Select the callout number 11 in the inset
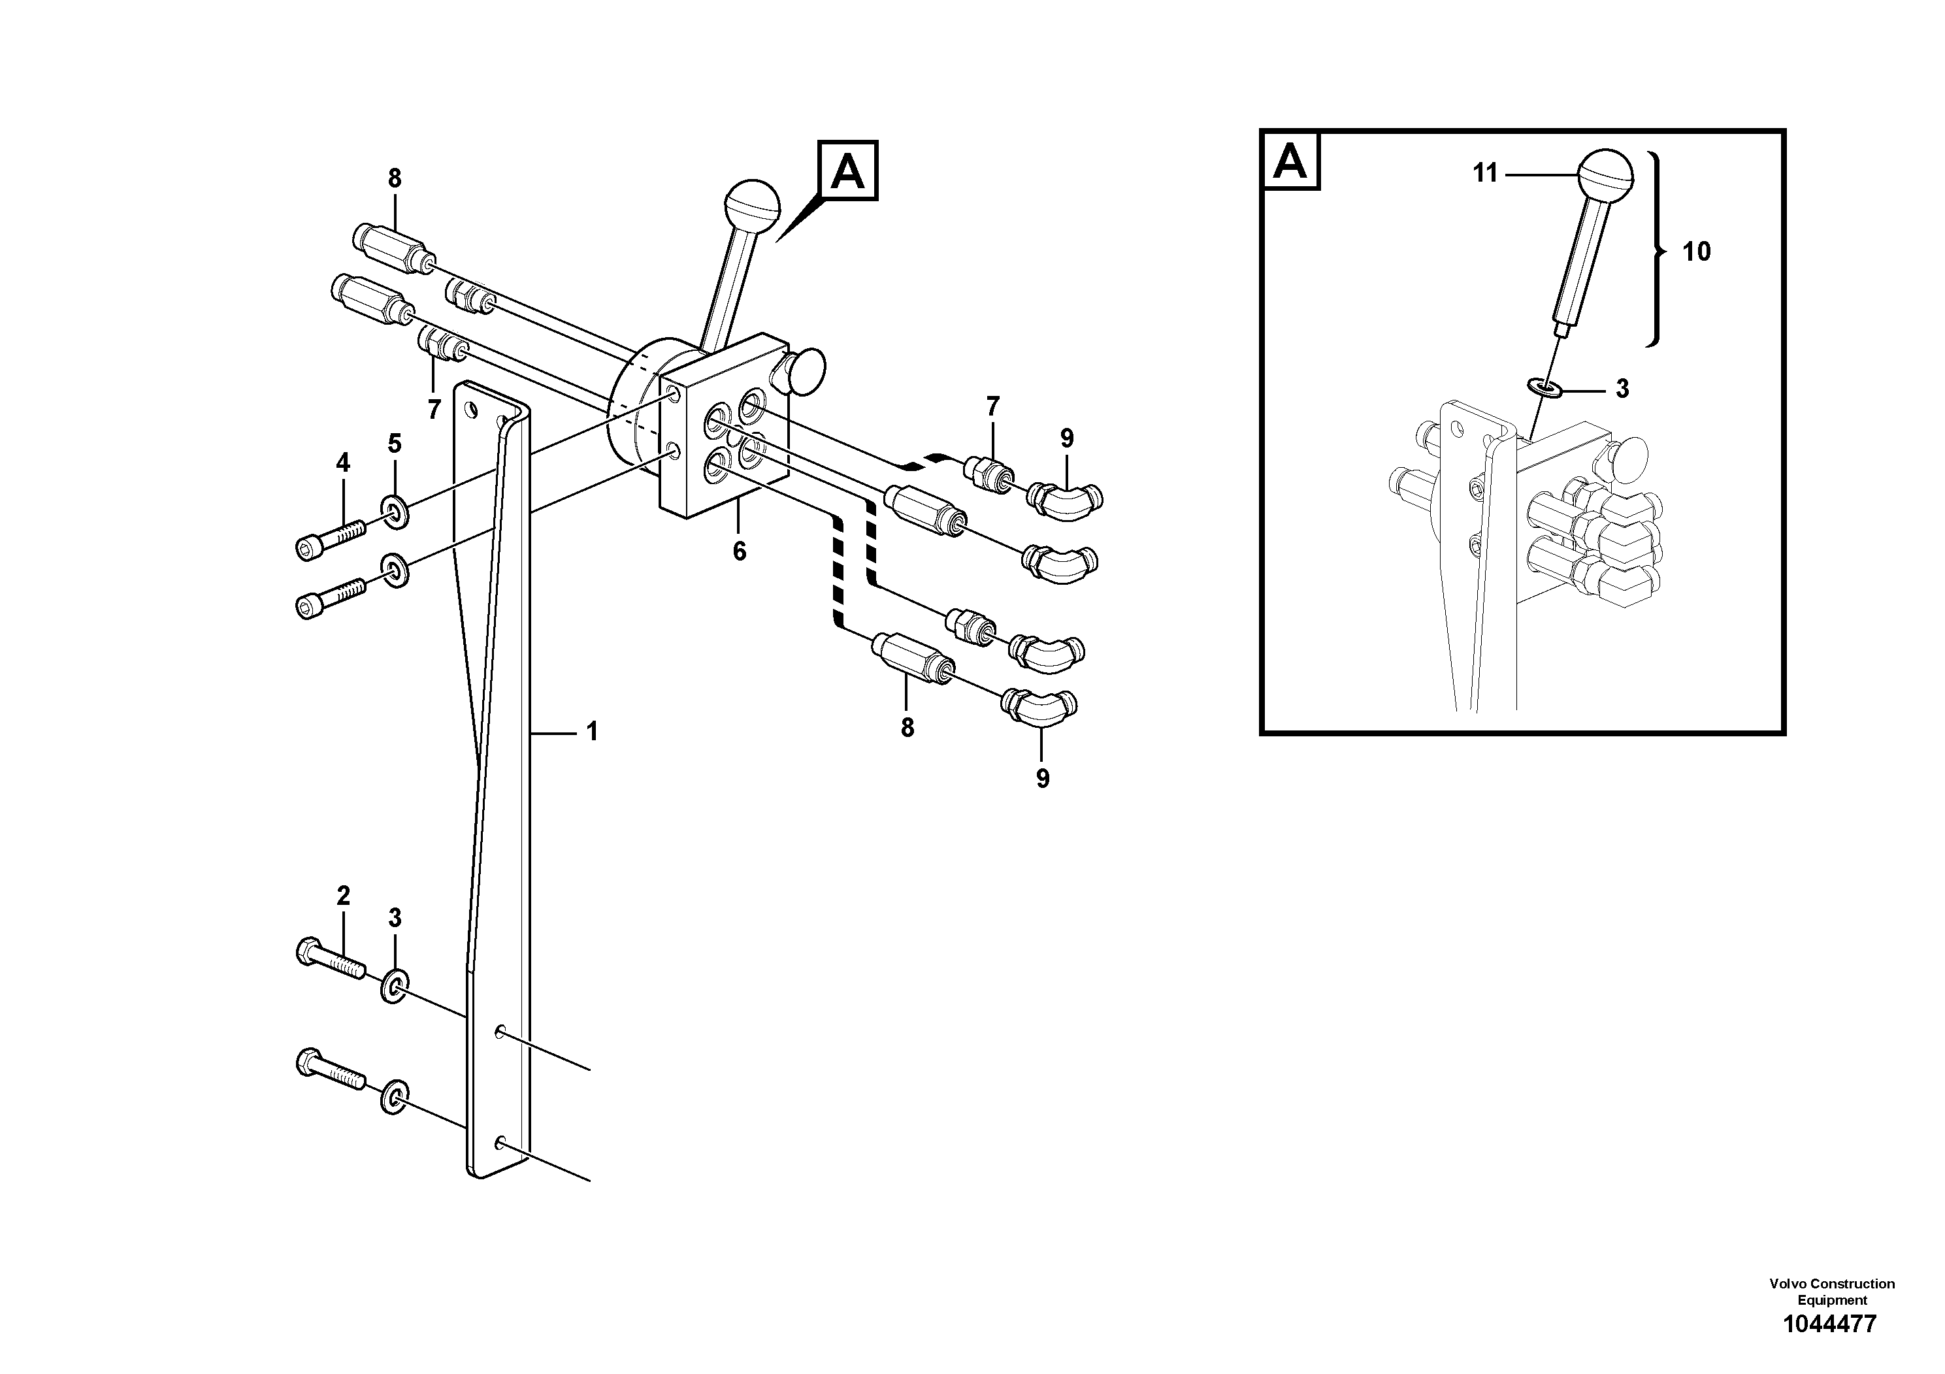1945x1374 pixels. point(1485,174)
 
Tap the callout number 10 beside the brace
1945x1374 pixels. point(1696,252)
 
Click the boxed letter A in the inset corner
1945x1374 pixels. point(1290,161)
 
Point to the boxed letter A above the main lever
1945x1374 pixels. point(847,171)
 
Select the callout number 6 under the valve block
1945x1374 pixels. point(740,551)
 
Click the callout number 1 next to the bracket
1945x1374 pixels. point(592,731)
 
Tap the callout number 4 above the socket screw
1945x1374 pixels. point(343,463)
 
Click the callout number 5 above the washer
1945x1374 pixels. point(395,444)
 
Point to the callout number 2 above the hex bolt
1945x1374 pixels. point(343,895)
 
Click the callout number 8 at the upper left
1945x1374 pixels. point(395,179)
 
